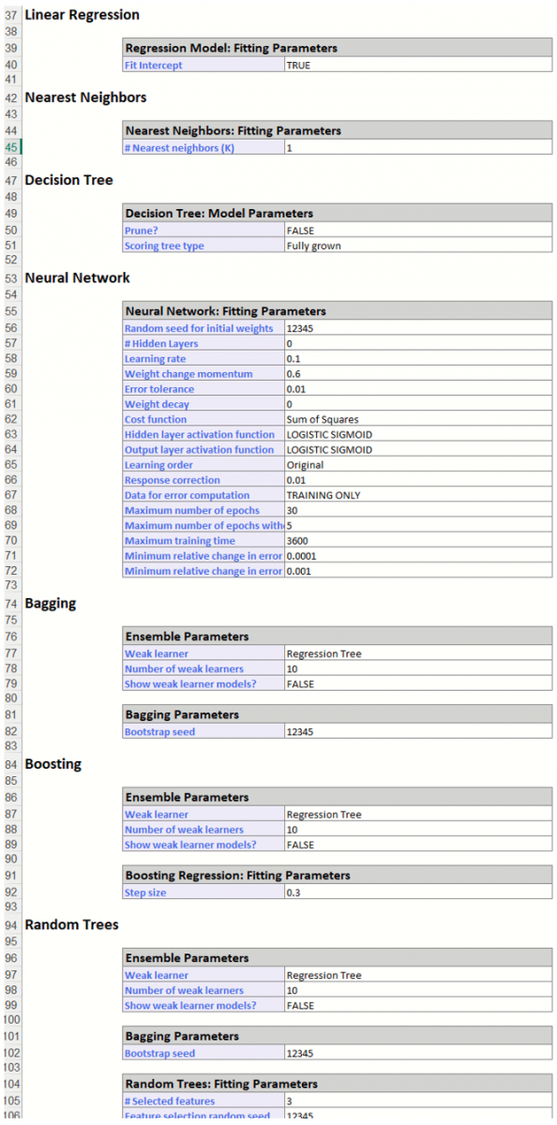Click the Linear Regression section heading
[82, 15]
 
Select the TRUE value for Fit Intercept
[299, 66]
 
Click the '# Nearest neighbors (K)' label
[179, 148]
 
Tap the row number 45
[11, 147]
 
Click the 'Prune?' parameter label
[143, 231]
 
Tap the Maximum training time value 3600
[298, 541]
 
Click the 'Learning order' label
[158, 465]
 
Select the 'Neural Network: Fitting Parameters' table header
[225, 311]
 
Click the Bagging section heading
[50, 604]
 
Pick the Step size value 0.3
[294, 892]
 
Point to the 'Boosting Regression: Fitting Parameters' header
[237, 876]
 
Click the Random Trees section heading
[71, 925]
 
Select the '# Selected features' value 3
[290, 1102]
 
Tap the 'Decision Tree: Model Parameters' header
[218, 214]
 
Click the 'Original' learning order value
[305, 465]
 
